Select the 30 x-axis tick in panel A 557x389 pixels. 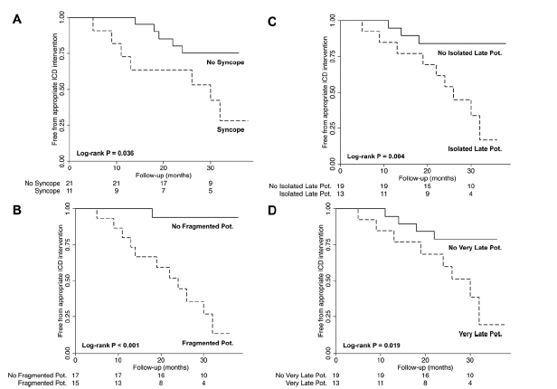(x=209, y=166)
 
